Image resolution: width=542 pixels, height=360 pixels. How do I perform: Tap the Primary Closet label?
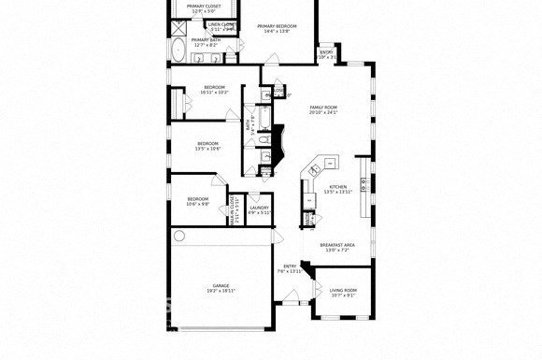(204, 7)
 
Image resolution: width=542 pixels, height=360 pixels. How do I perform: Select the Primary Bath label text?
(205, 40)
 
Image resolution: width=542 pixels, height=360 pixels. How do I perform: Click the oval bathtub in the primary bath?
(178, 49)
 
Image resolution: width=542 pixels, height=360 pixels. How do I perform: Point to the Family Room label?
(323, 108)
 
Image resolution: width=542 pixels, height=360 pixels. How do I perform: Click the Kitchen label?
(337, 187)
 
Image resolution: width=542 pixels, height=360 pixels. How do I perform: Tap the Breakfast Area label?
(336, 245)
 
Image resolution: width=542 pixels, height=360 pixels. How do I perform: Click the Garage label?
(221, 285)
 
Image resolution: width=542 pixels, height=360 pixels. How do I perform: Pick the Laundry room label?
(259, 208)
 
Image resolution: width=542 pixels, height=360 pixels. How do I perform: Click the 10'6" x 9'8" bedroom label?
(197, 198)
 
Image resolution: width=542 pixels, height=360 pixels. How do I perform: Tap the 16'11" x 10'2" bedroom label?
(214, 88)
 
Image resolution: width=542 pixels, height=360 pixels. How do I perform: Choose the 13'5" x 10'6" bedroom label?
(207, 143)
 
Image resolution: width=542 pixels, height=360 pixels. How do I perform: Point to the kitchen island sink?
(314, 169)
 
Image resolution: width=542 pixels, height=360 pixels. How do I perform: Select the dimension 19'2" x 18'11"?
(221, 291)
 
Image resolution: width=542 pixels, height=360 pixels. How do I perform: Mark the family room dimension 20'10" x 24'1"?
(323, 113)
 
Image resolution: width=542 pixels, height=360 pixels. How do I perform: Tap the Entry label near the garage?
(290, 266)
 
